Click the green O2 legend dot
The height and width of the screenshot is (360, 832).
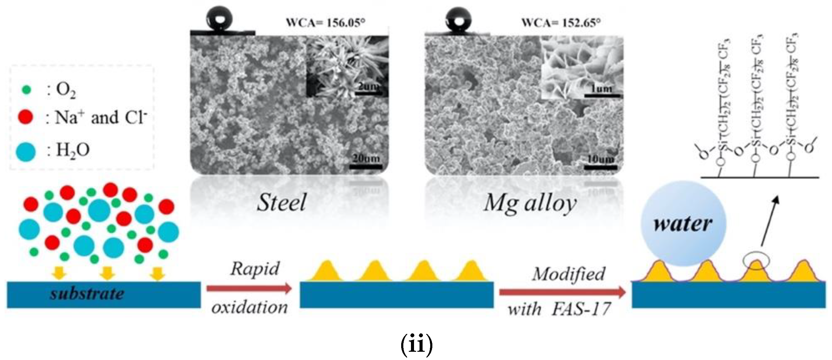coord(27,90)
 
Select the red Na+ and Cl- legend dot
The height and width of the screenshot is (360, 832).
coord(26,117)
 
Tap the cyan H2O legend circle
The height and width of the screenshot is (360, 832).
coord(26,151)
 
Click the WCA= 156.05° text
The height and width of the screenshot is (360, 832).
coord(326,23)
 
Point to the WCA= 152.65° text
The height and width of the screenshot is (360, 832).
coord(561,23)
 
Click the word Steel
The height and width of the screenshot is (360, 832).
coord(281,203)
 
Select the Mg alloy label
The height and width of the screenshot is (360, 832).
coord(530,204)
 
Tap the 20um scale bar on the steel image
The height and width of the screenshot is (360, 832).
coord(366,167)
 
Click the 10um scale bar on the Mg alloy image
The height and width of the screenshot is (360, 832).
coord(600,167)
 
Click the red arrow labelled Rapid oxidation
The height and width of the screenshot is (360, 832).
coord(249,288)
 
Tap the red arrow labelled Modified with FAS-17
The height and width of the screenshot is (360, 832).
coord(562,292)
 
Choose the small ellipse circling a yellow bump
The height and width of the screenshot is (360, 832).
coord(756,261)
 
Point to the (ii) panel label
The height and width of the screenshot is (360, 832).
coord(416,345)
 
